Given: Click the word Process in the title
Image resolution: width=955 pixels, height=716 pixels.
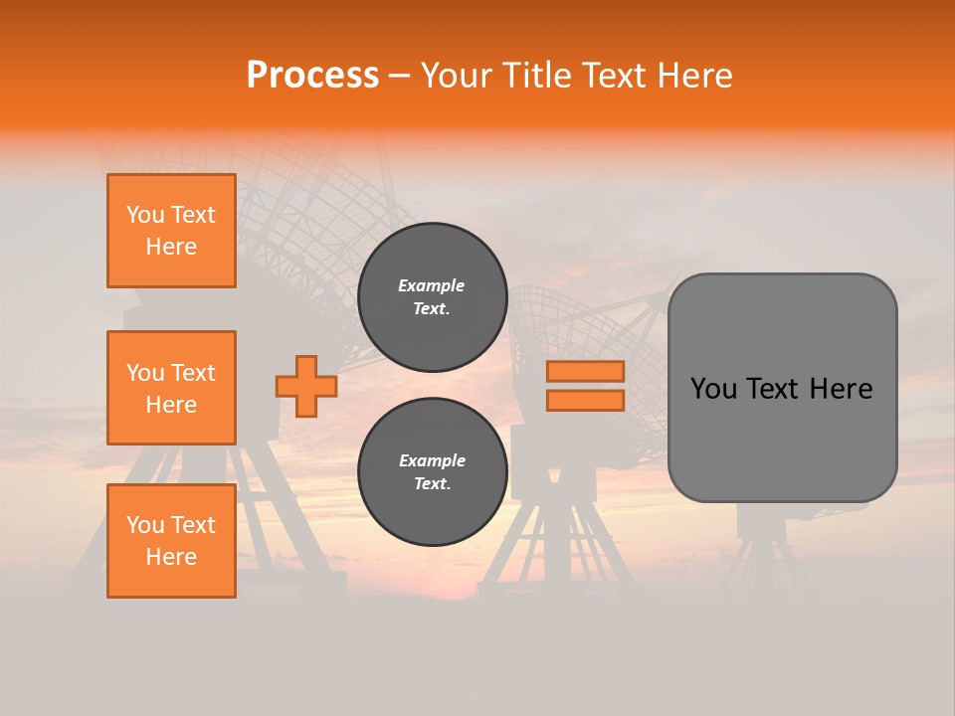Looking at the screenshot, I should click(312, 76).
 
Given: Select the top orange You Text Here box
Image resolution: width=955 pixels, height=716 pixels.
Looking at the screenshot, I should click(171, 231).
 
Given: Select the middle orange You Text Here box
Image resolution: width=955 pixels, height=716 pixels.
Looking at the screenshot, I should click(171, 388).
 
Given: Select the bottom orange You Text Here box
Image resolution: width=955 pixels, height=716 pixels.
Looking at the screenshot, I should click(171, 541).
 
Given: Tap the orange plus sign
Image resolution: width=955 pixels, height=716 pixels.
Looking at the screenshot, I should click(306, 386).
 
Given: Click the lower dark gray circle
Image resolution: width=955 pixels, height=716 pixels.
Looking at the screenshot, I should click(432, 471).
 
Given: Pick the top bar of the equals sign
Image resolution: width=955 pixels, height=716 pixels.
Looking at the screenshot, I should click(585, 371).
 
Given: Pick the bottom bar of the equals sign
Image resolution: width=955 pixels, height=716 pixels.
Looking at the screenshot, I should click(585, 400).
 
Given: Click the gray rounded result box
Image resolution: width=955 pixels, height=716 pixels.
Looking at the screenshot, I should click(782, 438).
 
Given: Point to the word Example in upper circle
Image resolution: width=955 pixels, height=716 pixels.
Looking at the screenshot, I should click(432, 285).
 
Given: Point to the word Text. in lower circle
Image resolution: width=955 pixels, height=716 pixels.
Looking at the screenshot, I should click(432, 484).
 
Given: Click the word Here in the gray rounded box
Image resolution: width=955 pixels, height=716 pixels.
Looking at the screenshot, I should click(841, 389).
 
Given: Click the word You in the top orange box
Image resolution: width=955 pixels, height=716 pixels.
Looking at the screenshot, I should click(145, 215).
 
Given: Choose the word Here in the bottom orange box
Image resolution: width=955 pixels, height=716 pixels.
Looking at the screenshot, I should click(171, 557).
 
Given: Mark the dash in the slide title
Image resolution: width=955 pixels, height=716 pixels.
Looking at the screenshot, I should click(399, 76).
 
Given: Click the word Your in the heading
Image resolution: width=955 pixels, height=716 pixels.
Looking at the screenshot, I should click(456, 76).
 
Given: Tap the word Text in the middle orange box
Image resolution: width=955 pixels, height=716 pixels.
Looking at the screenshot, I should click(193, 373).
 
